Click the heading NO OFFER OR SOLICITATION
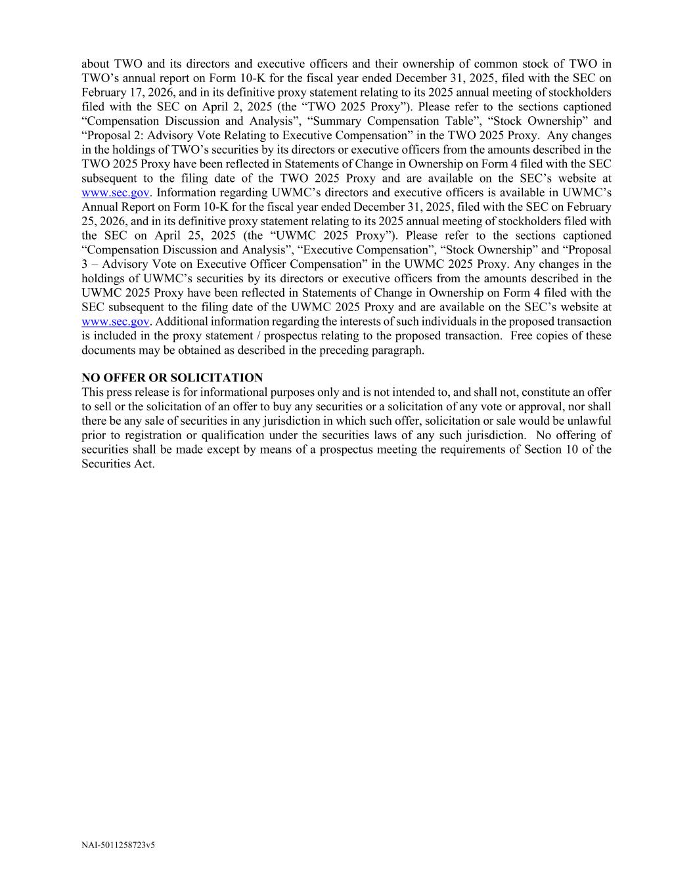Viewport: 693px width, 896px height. click(172, 377)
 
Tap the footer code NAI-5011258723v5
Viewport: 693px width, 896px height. click(118, 845)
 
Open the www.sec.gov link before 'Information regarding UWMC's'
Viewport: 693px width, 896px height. click(115, 193)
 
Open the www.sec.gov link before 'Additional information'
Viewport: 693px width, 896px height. click(115, 322)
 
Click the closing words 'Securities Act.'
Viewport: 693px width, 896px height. click(118, 464)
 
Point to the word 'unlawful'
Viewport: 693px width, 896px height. click(589, 421)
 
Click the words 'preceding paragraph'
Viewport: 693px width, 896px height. click(371, 350)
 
